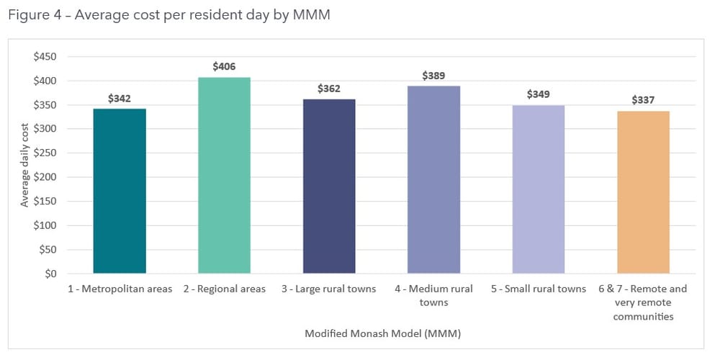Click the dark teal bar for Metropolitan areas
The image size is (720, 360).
pos(120,191)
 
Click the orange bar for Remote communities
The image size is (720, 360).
pos(643,192)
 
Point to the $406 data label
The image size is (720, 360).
pos(224,66)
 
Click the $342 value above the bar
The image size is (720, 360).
pos(120,98)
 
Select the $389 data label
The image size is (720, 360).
pos(433,75)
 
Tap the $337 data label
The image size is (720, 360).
pos(643,100)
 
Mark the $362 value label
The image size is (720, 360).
pos(329,89)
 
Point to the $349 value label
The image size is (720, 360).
pos(539,94)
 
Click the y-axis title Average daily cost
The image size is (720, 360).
pos(24,165)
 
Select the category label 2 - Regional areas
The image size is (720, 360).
pos(224,289)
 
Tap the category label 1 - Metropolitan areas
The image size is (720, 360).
pos(120,289)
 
